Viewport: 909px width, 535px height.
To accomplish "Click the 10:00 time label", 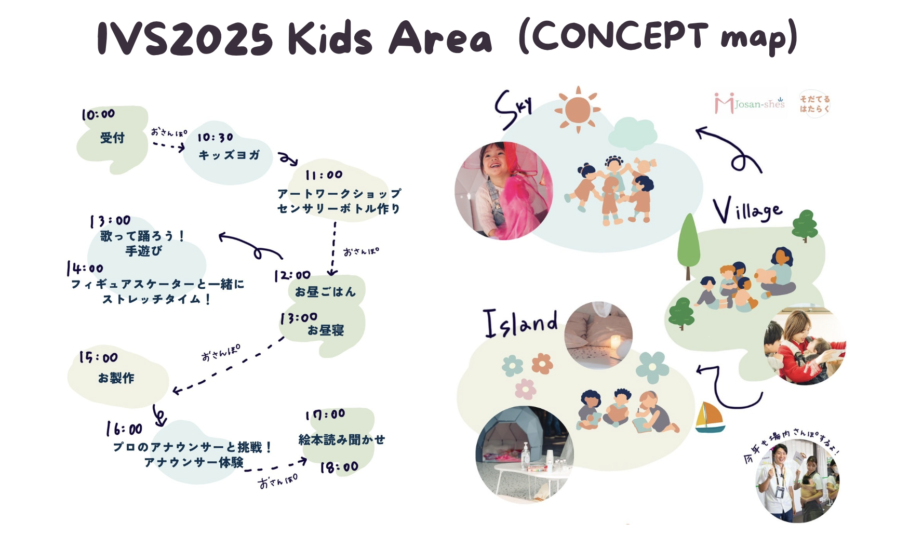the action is (98, 115).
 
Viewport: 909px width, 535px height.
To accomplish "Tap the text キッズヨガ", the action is (229, 155).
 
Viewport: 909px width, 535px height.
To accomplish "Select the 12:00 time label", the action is (292, 275).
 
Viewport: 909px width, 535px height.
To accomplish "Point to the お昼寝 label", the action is (326, 330).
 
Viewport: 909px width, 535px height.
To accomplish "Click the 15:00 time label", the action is (98, 357).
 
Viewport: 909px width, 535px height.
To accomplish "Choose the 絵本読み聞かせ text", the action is (342, 440).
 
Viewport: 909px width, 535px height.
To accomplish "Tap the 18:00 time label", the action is (339, 467).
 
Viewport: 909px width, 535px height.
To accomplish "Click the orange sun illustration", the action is (578, 110).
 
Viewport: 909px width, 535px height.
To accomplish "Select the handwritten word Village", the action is (747, 210).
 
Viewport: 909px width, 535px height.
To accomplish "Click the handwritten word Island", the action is (520, 324).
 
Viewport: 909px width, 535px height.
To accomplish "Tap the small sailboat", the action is (710, 417).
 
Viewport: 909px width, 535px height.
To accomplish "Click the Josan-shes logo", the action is (750, 103).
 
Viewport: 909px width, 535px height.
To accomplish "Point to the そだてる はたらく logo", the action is (814, 104).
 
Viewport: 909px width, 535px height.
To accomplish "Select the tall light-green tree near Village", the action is (689, 246).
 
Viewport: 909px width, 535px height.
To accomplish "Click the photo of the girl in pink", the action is (503, 191).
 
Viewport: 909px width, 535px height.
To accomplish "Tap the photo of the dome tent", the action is (525, 454).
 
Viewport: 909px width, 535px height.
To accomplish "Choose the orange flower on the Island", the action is (542, 364).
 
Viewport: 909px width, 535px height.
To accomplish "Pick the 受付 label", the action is (112, 138).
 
